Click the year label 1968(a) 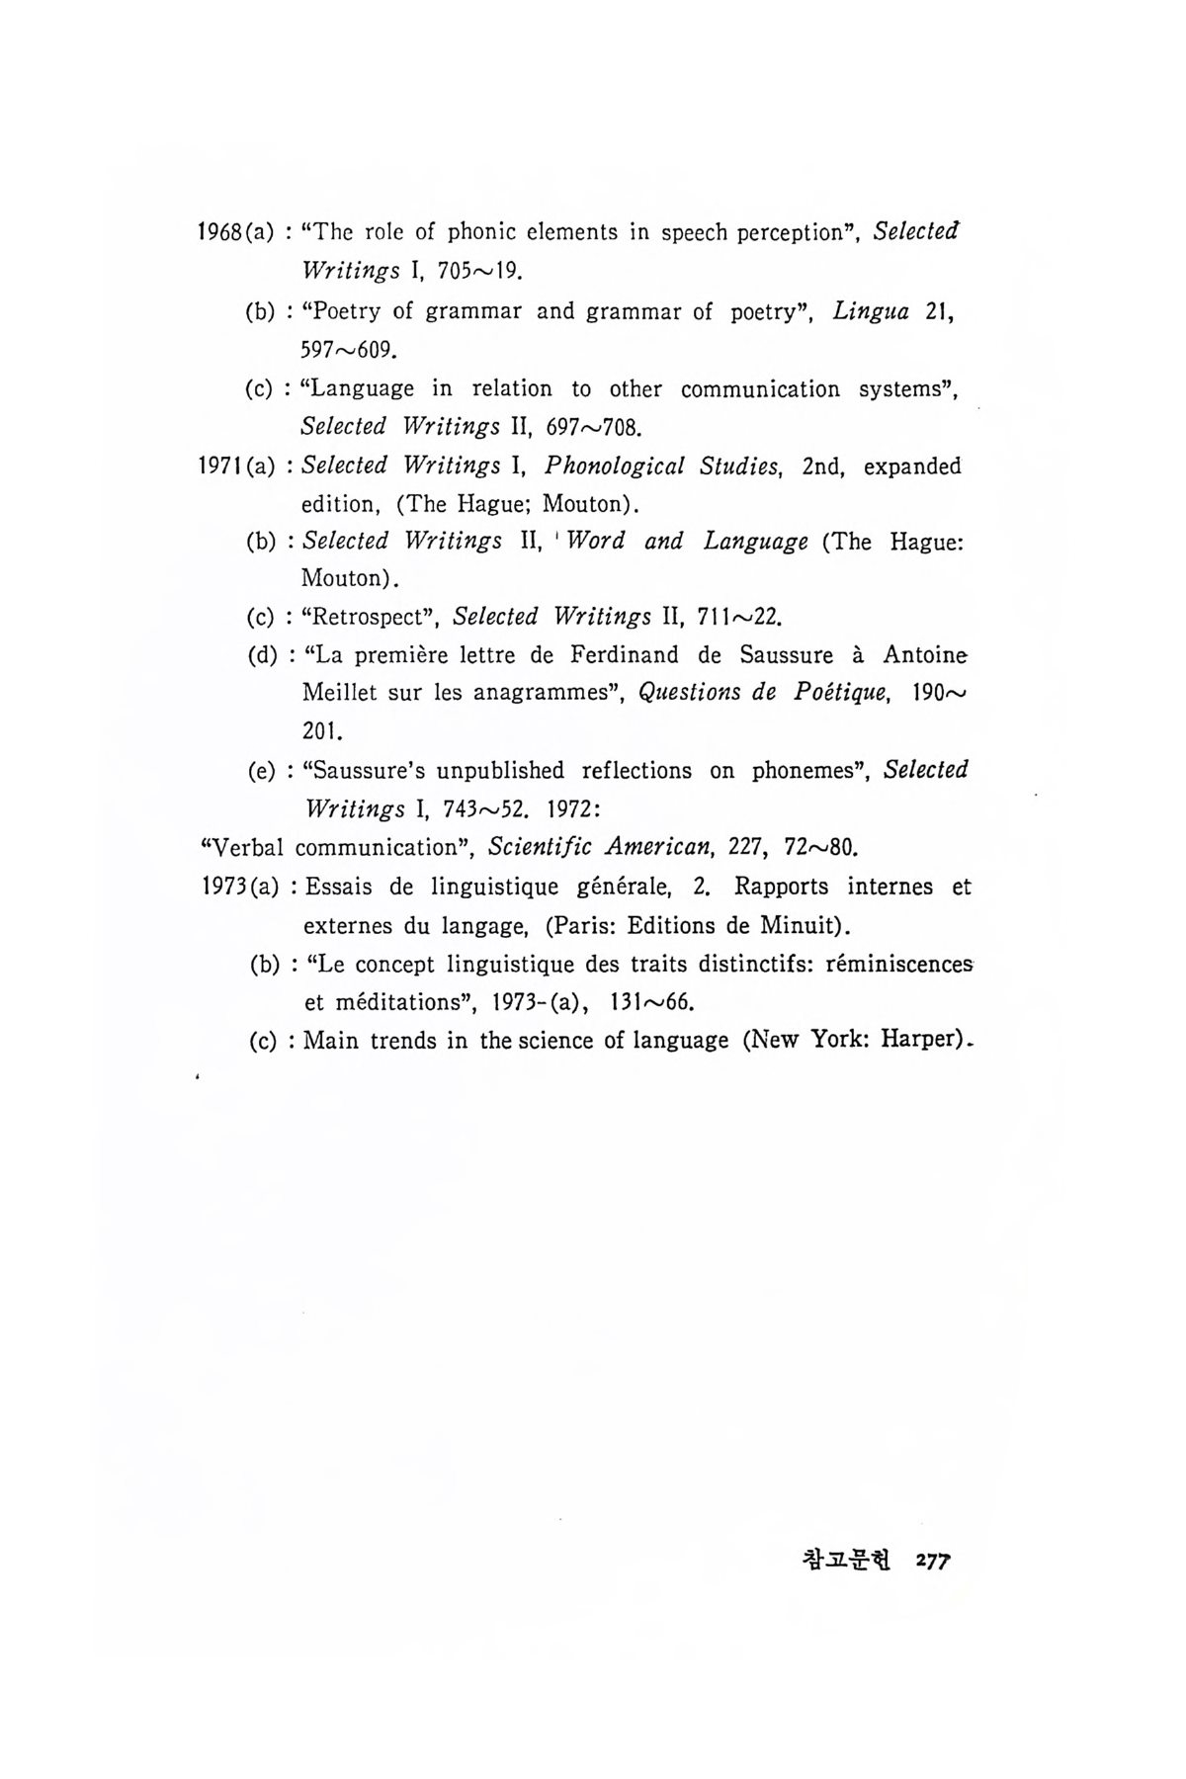coord(235,233)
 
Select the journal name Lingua coord(871,311)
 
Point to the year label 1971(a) coord(235,466)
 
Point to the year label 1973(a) coord(235,887)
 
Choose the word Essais coord(338,887)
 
